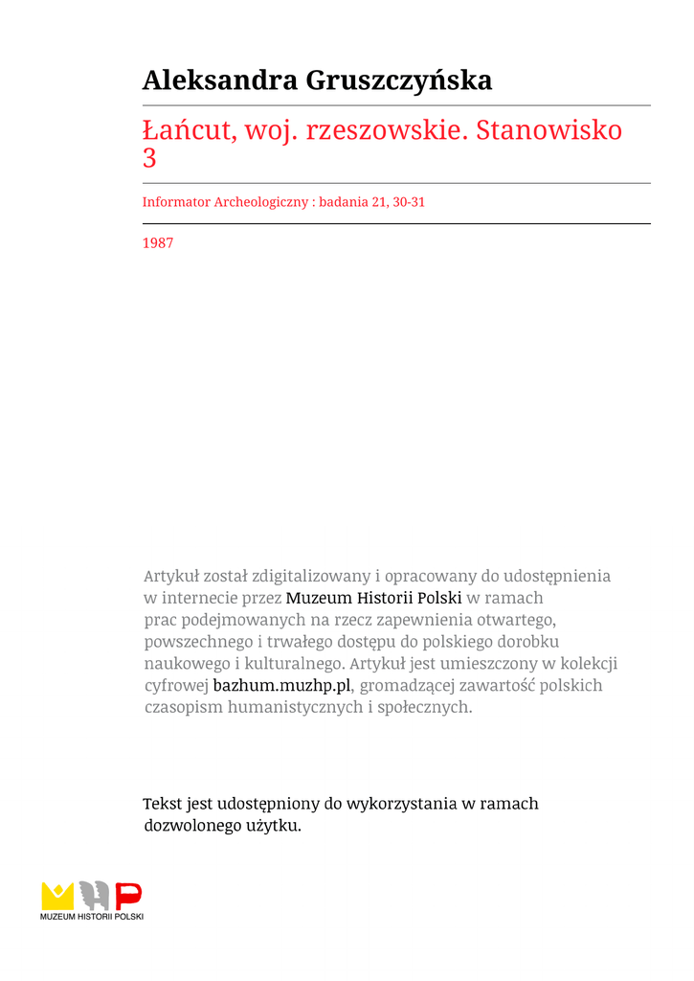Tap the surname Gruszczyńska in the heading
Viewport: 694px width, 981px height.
tap(399, 81)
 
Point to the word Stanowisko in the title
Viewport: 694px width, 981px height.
tap(549, 129)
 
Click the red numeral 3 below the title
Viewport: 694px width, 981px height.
tap(149, 158)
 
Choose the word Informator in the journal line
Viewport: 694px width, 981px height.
tap(176, 202)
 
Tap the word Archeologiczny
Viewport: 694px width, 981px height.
tap(259, 202)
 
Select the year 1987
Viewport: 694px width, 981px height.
tap(158, 243)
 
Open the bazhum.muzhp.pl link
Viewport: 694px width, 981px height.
tap(282, 686)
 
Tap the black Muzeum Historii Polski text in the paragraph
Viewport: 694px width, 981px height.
tap(373, 598)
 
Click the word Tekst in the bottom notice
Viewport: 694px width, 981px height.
tap(162, 804)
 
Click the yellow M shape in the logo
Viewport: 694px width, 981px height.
tap(57, 896)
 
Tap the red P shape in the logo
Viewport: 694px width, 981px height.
tap(128, 896)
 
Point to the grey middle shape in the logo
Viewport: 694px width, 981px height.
tap(93, 896)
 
